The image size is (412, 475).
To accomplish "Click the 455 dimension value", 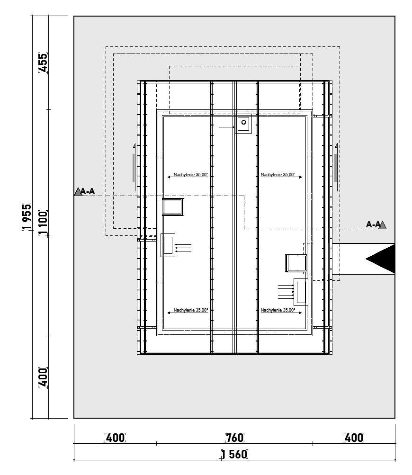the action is click(x=43, y=63).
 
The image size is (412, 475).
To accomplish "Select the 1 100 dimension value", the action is click(x=43, y=223).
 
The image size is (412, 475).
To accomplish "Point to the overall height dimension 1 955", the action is click(x=27, y=217).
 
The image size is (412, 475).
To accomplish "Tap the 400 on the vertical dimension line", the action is click(x=43, y=377).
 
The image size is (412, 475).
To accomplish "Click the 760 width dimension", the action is click(x=234, y=438).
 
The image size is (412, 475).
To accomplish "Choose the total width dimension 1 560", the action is click(x=234, y=455).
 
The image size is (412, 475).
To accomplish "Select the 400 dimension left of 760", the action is click(x=115, y=438).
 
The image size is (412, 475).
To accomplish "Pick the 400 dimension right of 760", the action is click(x=354, y=438).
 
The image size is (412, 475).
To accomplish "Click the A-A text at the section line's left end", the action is click(x=88, y=191).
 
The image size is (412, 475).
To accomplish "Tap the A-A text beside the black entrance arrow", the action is click(x=373, y=224).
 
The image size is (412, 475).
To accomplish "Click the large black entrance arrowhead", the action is click(x=380, y=259).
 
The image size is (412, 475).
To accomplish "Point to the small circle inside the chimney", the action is click(x=243, y=123).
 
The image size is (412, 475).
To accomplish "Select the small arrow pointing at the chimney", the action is click(x=227, y=127).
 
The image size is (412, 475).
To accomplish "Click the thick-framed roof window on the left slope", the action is click(x=173, y=207).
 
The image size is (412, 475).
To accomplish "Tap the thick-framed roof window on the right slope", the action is click(x=296, y=263).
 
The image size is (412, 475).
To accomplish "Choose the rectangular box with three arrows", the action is click(x=168, y=245).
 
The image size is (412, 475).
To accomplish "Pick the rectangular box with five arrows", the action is click(x=301, y=292).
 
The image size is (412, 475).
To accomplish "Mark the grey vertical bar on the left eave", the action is click(x=133, y=168).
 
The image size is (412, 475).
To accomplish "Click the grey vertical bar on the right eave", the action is click(x=335, y=168).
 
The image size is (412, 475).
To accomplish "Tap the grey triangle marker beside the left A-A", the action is click(x=78, y=192).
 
